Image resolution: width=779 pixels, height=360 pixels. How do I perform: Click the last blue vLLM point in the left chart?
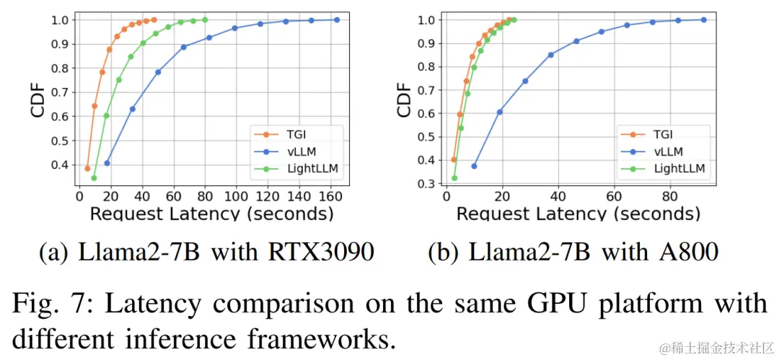337,19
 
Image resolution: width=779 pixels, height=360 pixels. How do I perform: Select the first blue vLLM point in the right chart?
474,166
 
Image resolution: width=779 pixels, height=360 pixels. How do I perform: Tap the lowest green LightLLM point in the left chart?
94,177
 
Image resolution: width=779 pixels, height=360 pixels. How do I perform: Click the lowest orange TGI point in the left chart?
87,168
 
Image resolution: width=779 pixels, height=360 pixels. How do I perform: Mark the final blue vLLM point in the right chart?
704,19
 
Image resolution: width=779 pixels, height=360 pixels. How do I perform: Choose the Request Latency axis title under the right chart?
578,214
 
